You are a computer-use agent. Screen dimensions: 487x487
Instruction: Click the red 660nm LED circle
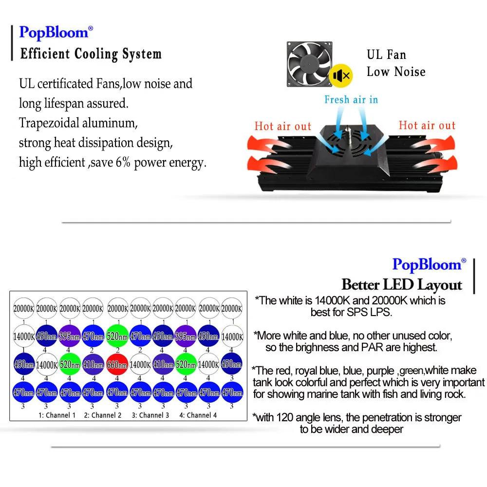[117, 365]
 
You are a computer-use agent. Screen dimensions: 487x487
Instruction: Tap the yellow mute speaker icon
[341, 75]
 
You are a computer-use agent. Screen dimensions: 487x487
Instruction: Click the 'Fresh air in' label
[351, 100]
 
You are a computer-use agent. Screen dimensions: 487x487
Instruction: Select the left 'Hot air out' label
[282, 127]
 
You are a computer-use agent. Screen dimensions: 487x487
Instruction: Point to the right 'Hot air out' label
[427, 126]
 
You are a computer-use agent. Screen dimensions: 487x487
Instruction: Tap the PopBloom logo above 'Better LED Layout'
[429, 265]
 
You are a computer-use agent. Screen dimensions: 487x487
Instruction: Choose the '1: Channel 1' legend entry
[57, 415]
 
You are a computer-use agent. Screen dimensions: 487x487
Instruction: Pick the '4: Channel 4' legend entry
[198, 415]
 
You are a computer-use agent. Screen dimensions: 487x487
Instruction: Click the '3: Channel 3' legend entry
[150, 415]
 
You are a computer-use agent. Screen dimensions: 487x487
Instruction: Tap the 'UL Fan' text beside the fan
[386, 55]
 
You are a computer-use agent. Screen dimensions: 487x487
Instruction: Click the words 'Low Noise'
[396, 72]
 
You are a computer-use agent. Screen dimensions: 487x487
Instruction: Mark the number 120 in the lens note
[285, 418]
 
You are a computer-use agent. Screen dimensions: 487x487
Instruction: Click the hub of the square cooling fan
[309, 64]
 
